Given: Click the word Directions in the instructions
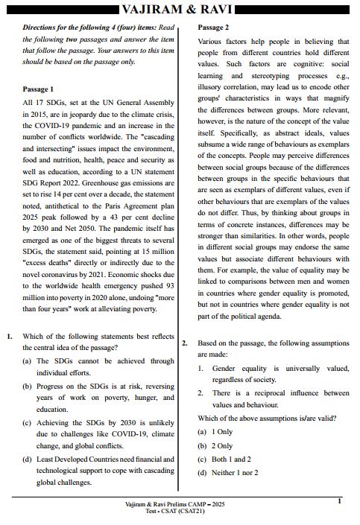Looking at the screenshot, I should [42, 28].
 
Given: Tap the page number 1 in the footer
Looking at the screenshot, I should [339, 502].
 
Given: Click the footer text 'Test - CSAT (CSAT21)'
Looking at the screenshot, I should [176, 512].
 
